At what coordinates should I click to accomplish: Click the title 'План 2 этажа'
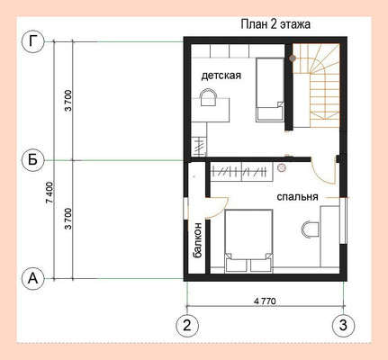click(x=275, y=24)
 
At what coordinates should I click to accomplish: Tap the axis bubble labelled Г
click(x=32, y=41)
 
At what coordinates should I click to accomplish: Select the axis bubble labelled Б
click(x=32, y=160)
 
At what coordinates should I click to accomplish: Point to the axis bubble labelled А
click(x=32, y=279)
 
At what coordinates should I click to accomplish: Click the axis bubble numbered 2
click(x=187, y=326)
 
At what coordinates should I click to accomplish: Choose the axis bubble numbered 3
click(x=343, y=326)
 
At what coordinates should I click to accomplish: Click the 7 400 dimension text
click(x=50, y=193)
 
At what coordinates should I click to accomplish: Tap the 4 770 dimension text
click(x=265, y=301)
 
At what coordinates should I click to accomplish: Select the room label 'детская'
click(x=221, y=76)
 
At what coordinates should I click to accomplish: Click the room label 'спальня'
click(x=297, y=197)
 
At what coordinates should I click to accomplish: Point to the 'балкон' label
click(x=197, y=240)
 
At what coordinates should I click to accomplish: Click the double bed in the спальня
click(x=248, y=241)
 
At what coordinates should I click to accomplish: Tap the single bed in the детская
click(x=270, y=90)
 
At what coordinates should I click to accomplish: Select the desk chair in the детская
click(x=209, y=97)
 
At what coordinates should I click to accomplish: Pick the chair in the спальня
click(x=311, y=229)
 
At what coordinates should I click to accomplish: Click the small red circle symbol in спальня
click(x=282, y=168)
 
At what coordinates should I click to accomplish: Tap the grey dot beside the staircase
click(x=293, y=58)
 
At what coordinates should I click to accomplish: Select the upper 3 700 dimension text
click(x=68, y=101)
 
